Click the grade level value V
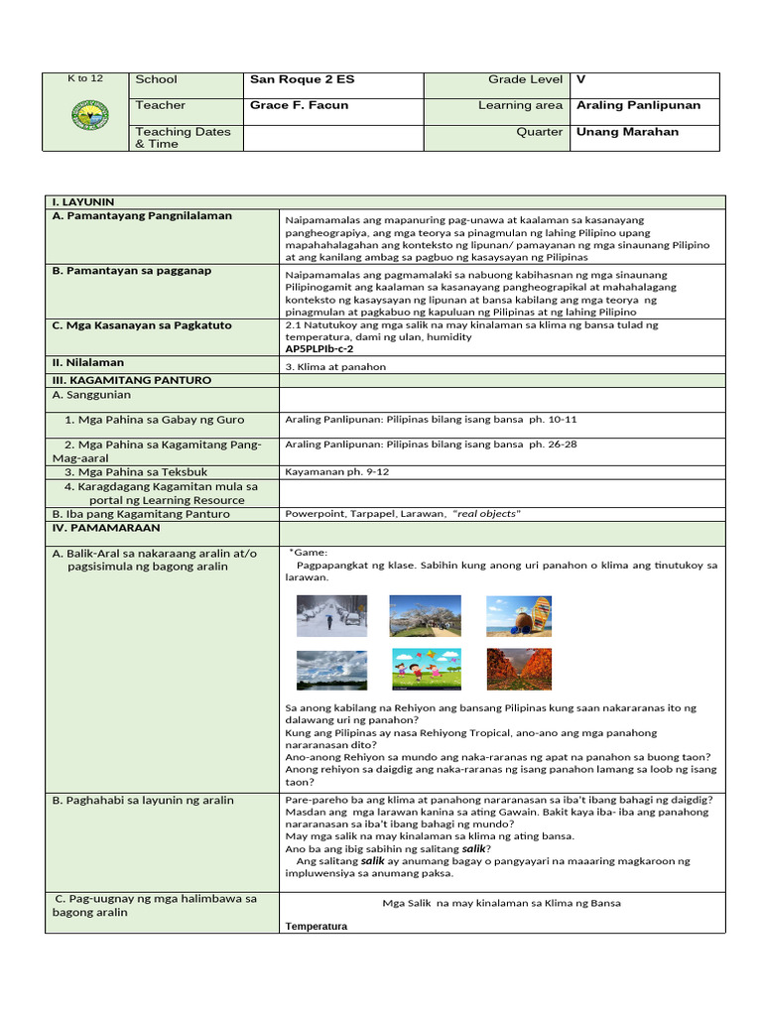[580, 79]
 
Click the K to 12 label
[84, 78]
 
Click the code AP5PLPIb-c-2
[319, 349]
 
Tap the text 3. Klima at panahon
[335, 366]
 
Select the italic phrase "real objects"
[486, 514]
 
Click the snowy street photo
[331, 616]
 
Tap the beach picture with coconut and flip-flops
[518, 616]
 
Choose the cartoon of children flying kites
[425, 670]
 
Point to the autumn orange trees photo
[518, 670]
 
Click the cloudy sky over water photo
[331, 670]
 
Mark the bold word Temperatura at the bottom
[317, 926]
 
